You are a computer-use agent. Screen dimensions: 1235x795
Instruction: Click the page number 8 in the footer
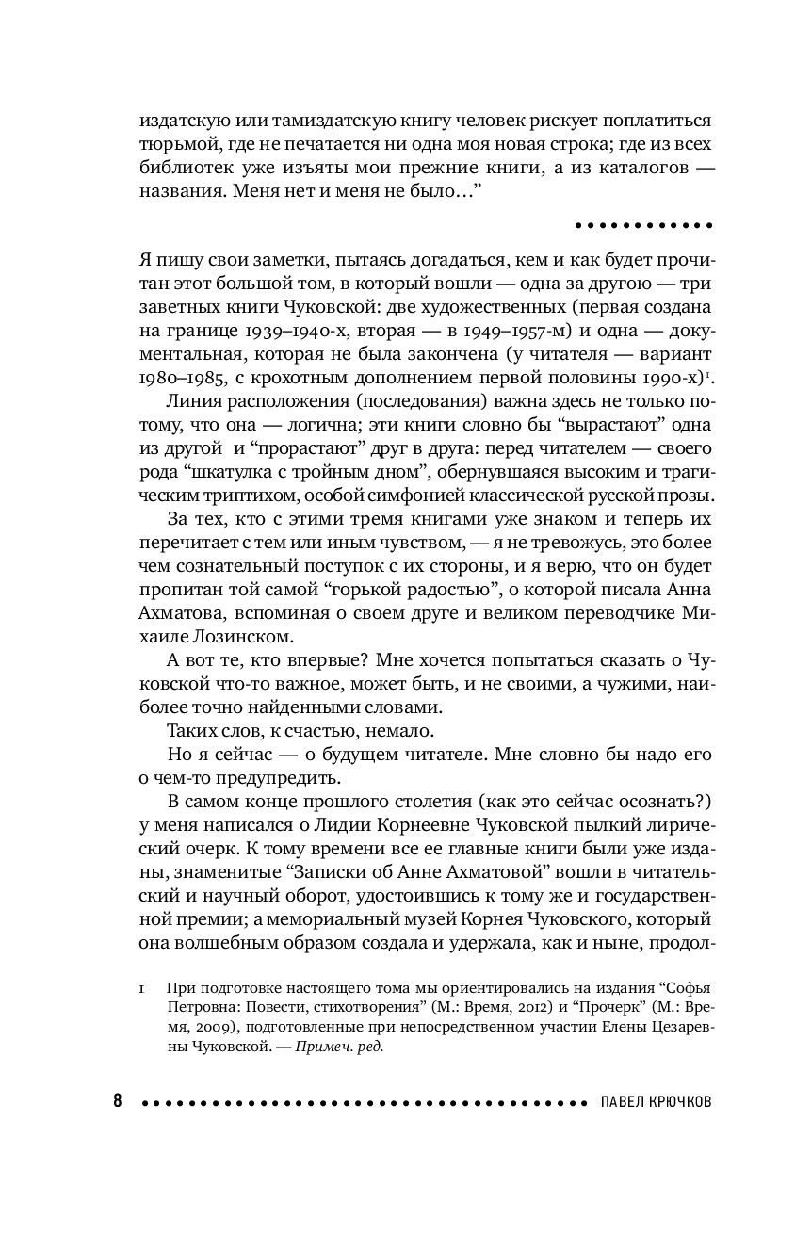coord(118,1100)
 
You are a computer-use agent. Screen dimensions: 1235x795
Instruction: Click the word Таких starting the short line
coord(188,731)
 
